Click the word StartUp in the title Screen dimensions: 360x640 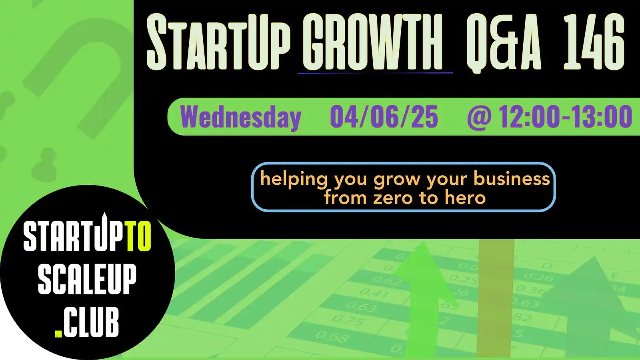pyautogui.click(x=218, y=42)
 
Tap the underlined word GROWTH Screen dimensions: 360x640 pyautogui.click(x=375, y=42)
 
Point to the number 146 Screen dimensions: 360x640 pyautogui.click(x=594, y=42)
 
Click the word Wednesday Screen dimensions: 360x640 pyautogui.click(x=240, y=117)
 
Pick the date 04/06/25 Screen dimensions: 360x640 pyautogui.click(x=384, y=117)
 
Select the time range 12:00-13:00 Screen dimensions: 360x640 pyautogui.click(x=565, y=117)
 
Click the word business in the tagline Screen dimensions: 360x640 pyautogui.click(x=512, y=178)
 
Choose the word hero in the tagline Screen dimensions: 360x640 pyautogui.click(x=465, y=198)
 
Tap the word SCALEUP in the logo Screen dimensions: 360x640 pyautogui.click(x=87, y=279)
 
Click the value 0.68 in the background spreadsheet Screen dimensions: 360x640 pyautogui.click(x=332, y=337)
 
